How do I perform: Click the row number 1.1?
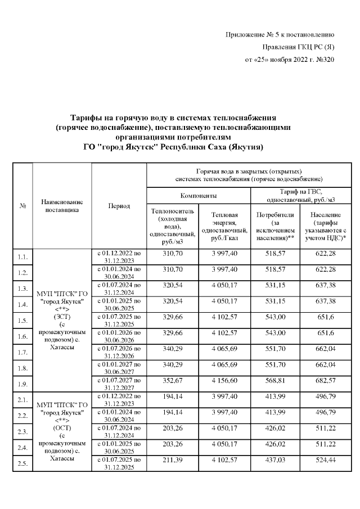coord(23,257)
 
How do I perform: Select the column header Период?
coord(118,206)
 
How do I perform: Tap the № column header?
coord(23,206)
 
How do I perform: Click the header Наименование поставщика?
coord(62,206)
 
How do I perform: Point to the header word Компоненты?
coord(198,196)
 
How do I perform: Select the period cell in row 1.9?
coord(118,384)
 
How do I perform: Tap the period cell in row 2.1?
coord(118,400)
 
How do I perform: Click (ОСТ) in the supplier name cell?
coord(62,428)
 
